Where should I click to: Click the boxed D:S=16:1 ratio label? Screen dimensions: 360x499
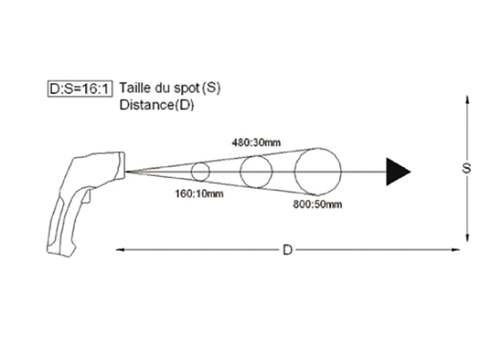[80, 89]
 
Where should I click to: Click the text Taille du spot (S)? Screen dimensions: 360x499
[170, 88]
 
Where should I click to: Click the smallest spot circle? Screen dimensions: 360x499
[200, 171]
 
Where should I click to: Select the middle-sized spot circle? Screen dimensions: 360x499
[256, 171]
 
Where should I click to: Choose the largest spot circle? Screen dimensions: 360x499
[318, 171]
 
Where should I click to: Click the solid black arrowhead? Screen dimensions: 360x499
[397, 171]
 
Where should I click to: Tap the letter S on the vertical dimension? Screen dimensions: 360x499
[467, 168]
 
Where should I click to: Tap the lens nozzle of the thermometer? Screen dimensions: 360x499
[122, 165]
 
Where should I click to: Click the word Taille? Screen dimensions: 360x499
[134, 88]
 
